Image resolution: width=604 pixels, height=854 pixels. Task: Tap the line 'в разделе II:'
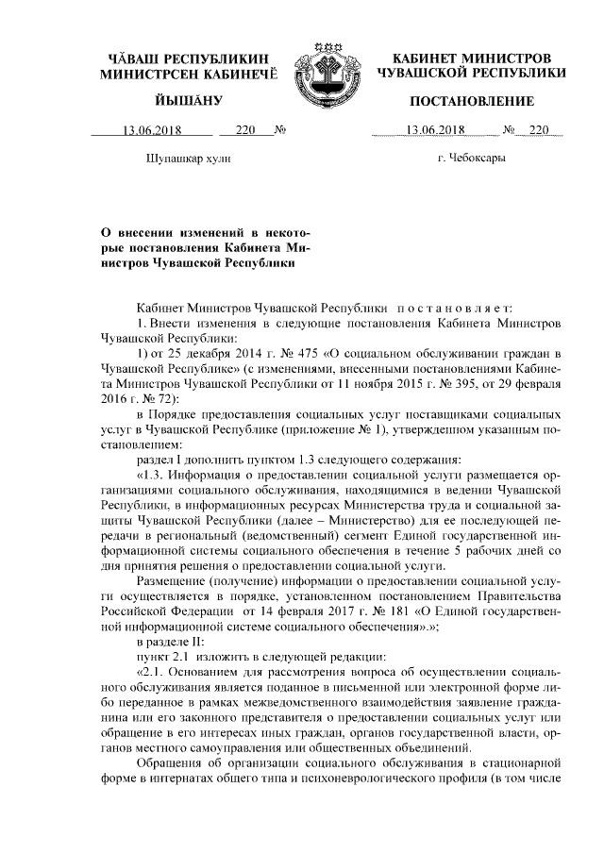pyautogui.click(x=173, y=639)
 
